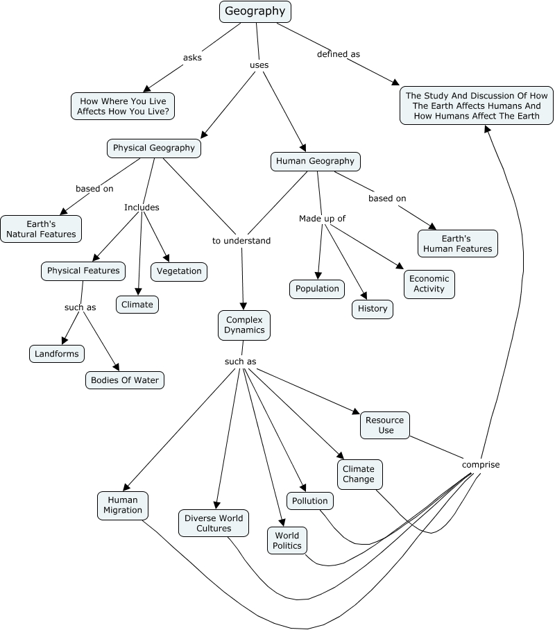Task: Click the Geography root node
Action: [255, 12]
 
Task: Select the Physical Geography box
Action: [154, 148]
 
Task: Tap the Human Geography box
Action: [315, 162]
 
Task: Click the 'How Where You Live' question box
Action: [123, 106]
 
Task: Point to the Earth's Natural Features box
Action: [41, 229]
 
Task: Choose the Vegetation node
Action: [179, 271]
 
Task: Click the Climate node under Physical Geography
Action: [137, 305]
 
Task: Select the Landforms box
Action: [58, 354]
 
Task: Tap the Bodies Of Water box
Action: [125, 380]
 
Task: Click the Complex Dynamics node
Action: [244, 325]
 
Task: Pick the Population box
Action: [317, 289]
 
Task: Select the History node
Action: [373, 309]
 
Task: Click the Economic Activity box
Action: [429, 284]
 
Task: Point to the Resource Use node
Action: [384, 425]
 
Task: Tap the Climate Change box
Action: [358, 475]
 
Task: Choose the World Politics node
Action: [287, 540]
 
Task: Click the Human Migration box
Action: [123, 505]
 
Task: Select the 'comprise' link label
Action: [481, 465]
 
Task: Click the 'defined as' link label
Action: [339, 54]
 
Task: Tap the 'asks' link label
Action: [192, 58]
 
